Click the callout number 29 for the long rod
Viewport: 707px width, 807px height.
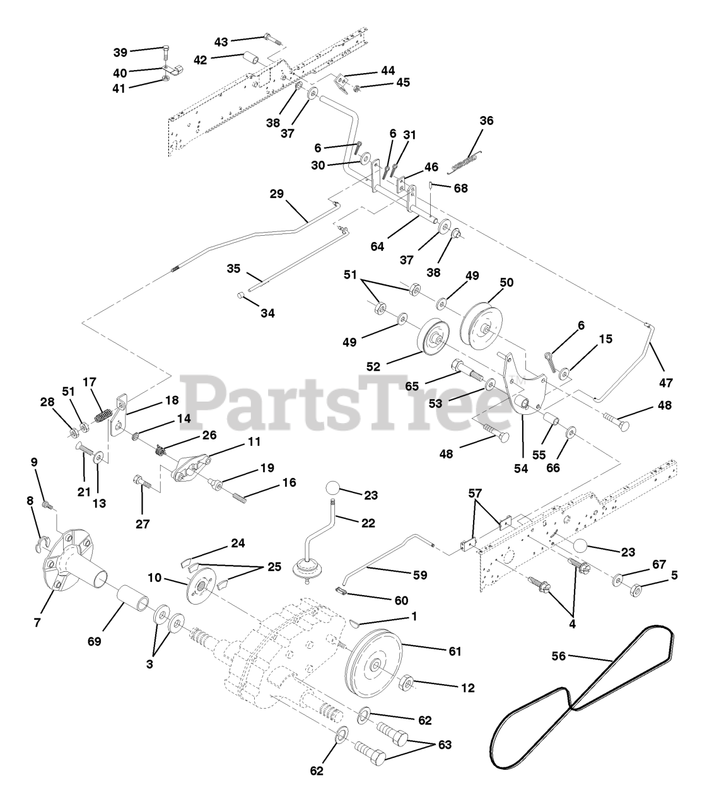[x=277, y=194]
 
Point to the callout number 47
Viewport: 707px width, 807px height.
[x=666, y=383]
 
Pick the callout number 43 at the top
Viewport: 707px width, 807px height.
[x=221, y=42]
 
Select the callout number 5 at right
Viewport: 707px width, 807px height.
[x=675, y=575]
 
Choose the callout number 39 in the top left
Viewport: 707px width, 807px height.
[x=120, y=52]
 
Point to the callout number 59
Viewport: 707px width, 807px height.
[x=419, y=576]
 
